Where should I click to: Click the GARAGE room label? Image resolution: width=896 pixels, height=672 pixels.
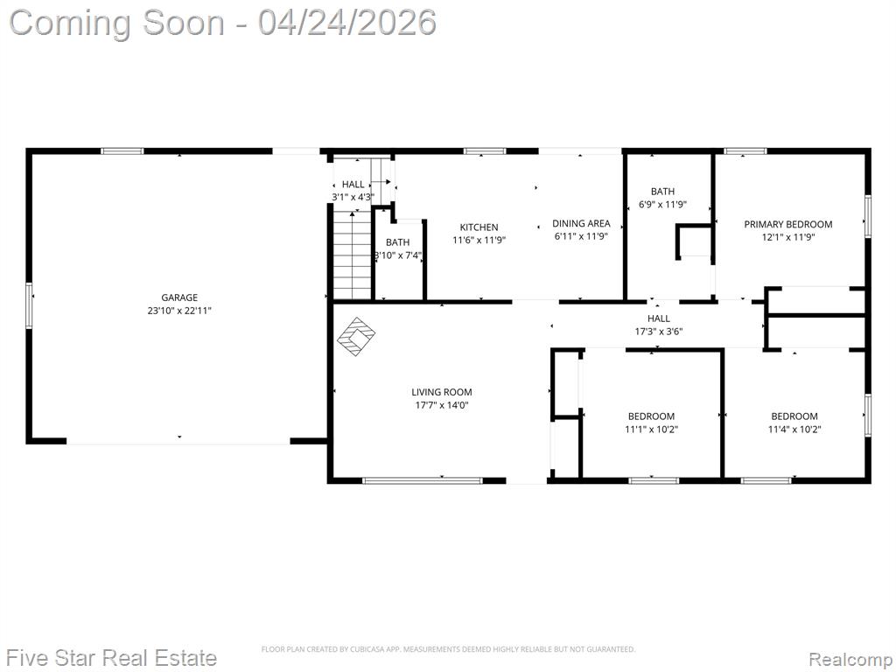[x=179, y=297]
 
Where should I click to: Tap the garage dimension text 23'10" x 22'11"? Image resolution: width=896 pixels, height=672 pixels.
[x=179, y=311]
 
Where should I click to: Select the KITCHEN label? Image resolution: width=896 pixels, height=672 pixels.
[x=479, y=227]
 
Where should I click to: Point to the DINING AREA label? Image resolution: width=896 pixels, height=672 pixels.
[x=581, y=223]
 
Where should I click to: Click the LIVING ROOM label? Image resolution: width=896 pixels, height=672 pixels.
[x=442, y=392]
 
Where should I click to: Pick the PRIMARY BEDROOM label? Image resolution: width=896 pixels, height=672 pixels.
[x=788, y=224]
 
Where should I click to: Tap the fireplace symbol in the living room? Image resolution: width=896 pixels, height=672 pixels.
[x=355, y=337]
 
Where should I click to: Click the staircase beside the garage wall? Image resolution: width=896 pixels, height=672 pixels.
[x=352, y=255]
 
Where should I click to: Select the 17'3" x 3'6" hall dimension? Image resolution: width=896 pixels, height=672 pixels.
[x=659, y=332]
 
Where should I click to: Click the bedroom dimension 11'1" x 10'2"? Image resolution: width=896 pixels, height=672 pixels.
[x=651, y=429]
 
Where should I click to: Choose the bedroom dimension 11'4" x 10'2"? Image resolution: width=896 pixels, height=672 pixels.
[x=794, y=429]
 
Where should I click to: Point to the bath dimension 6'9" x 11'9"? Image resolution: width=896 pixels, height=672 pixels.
[x=663, y=205]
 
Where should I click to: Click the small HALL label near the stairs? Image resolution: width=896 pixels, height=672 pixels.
[x=353, y=184]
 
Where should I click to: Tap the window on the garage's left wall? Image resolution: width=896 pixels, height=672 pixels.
[x=29, y=305]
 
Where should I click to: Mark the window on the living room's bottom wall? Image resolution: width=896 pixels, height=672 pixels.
[x=423, y=480]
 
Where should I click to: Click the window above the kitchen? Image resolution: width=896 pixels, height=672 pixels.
[x=485, y=151]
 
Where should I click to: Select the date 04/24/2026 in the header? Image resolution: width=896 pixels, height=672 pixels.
[x=347, y=23]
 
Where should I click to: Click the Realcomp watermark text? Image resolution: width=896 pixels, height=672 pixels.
[x=850, y=659]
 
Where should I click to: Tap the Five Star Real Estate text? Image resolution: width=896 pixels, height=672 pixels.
[x=113, y=658]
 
